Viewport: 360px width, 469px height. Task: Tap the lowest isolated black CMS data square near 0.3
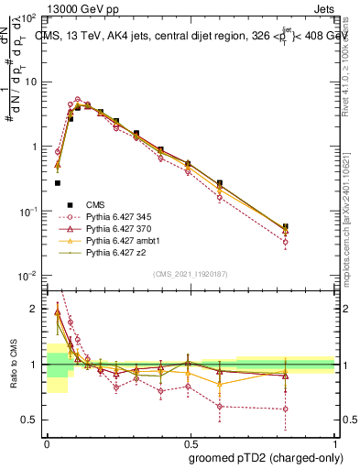(58, 182)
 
